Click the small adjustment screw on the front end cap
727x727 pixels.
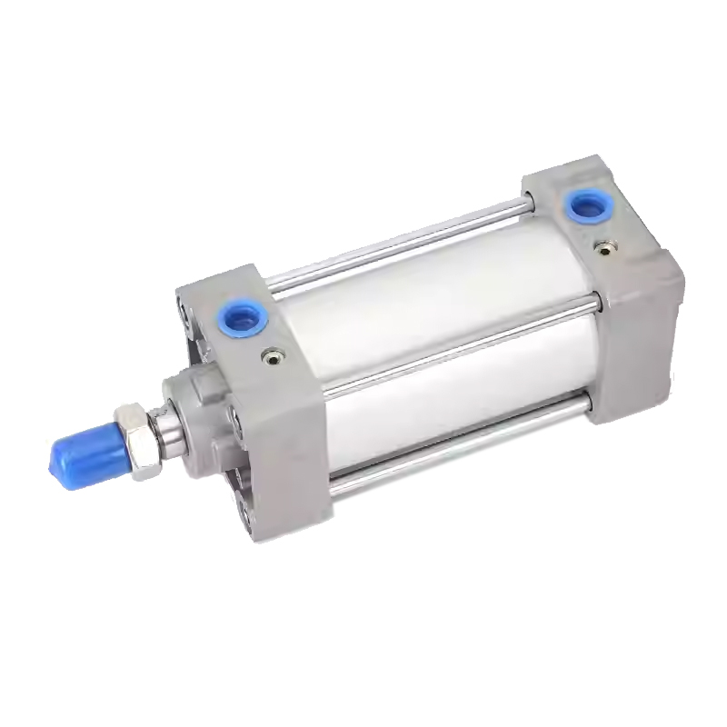click(270, 358)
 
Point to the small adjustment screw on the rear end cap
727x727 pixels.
click(604, 246)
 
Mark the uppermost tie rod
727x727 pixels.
click(400, 246)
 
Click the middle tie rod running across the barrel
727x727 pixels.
click(454, 349)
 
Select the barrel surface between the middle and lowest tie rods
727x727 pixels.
click(454, 400)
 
